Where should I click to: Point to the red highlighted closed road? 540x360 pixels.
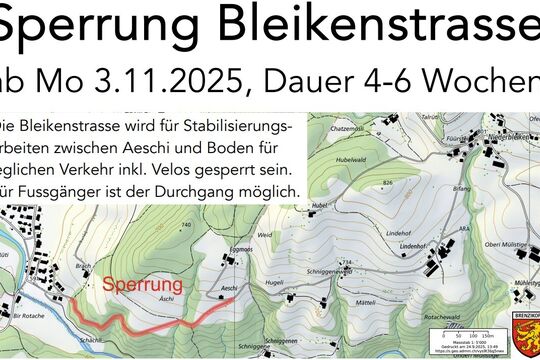(150, 322)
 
